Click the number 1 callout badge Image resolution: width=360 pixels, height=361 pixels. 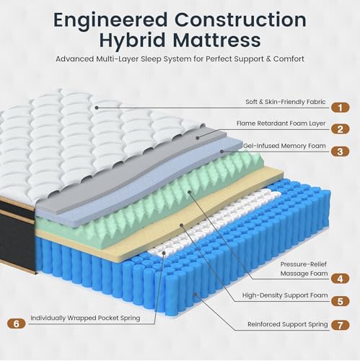pyautogui.click(x=340, y=108)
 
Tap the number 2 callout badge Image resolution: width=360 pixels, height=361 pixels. pyautogui.click(x=340, y=129)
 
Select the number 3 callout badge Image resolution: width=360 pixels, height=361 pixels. pyautogui.click(x=340, y=152)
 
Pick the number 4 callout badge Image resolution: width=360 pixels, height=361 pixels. pyautogui.click(x=340, y=279)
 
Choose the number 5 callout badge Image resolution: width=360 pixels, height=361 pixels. pyautogui.click(x=340, y=301)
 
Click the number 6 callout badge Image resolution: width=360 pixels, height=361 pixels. pyautogui.click(x=16, y=323)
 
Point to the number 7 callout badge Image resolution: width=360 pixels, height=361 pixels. pyautogui.click(x=340, y=326)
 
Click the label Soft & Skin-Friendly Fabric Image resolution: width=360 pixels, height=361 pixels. pyautogui.click(x=286, y=102)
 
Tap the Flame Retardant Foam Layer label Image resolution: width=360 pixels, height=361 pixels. pyautogui.click(x=281, y=123)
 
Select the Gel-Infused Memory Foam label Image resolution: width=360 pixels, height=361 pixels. pyautogui.click(x=284, y=146)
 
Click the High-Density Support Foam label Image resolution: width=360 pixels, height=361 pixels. pyautogui.click(x=285, y=295)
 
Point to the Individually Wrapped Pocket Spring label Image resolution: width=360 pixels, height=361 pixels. pyautogui.click(x=85, y=318)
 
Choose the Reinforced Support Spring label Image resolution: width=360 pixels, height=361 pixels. pyautogui.click(x=288, y=324)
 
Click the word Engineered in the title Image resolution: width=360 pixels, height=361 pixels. pyautogui.click(x=110, y=20)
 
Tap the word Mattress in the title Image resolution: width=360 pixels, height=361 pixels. pyautogui.click(x=216, y=40)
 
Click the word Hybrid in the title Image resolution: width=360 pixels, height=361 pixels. pyautogui.click(x=132, y=40)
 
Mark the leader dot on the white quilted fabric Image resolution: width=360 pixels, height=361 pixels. pyautogui.click(x=97, y=108)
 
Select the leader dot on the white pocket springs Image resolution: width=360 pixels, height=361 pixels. pyautogui.click(x=164, y=253)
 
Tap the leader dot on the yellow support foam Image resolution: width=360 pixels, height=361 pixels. pyautogui.click(x=182, y=225)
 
